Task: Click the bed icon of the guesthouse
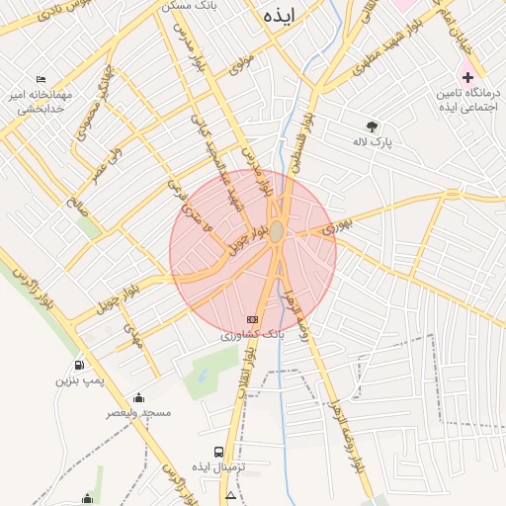41,79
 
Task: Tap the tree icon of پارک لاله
372,126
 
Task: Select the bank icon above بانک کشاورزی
252,319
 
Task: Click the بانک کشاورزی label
252,336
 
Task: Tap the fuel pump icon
79,364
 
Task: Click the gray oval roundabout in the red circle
278,231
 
